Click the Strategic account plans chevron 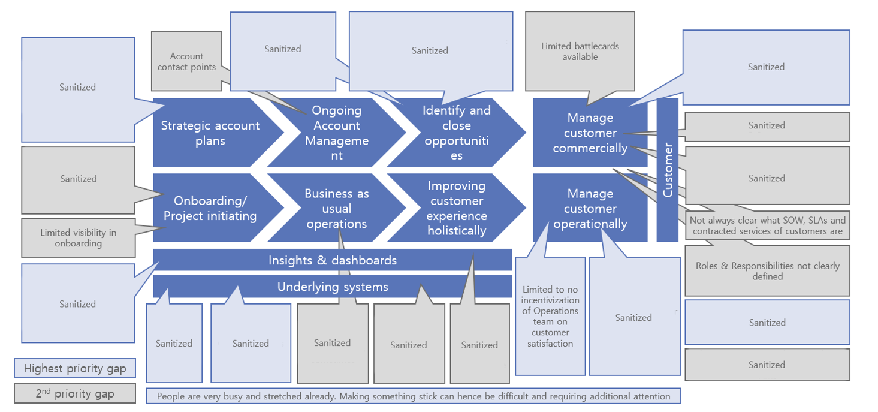click(x=210, y=133)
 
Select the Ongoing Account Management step click(x=336, y=133)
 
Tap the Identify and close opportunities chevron click(x=456, y=133)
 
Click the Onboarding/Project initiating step click(x=210, y=208)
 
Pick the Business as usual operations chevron click(x=336, y=208)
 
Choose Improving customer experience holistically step click(x=456, y=208)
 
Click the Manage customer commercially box click(x=590, y=133)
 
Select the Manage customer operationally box click(x=590, y=208)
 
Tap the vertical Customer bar click(x=668, y=170)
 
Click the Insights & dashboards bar click(x=333, y=260)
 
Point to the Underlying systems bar click(x=333, y=287)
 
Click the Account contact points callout click(x=186, y=61)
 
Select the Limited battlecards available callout click(x=580, y=51)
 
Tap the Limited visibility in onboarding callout click(x=79, y=238)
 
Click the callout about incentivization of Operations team click(x=550, y=316)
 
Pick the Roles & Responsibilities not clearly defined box click(x=767, y=271)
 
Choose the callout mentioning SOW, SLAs click(x=767, y=225)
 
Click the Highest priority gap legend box click(x=75, y=368)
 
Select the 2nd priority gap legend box click(x=75, y=393)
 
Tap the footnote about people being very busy click(x=413, y=396)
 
